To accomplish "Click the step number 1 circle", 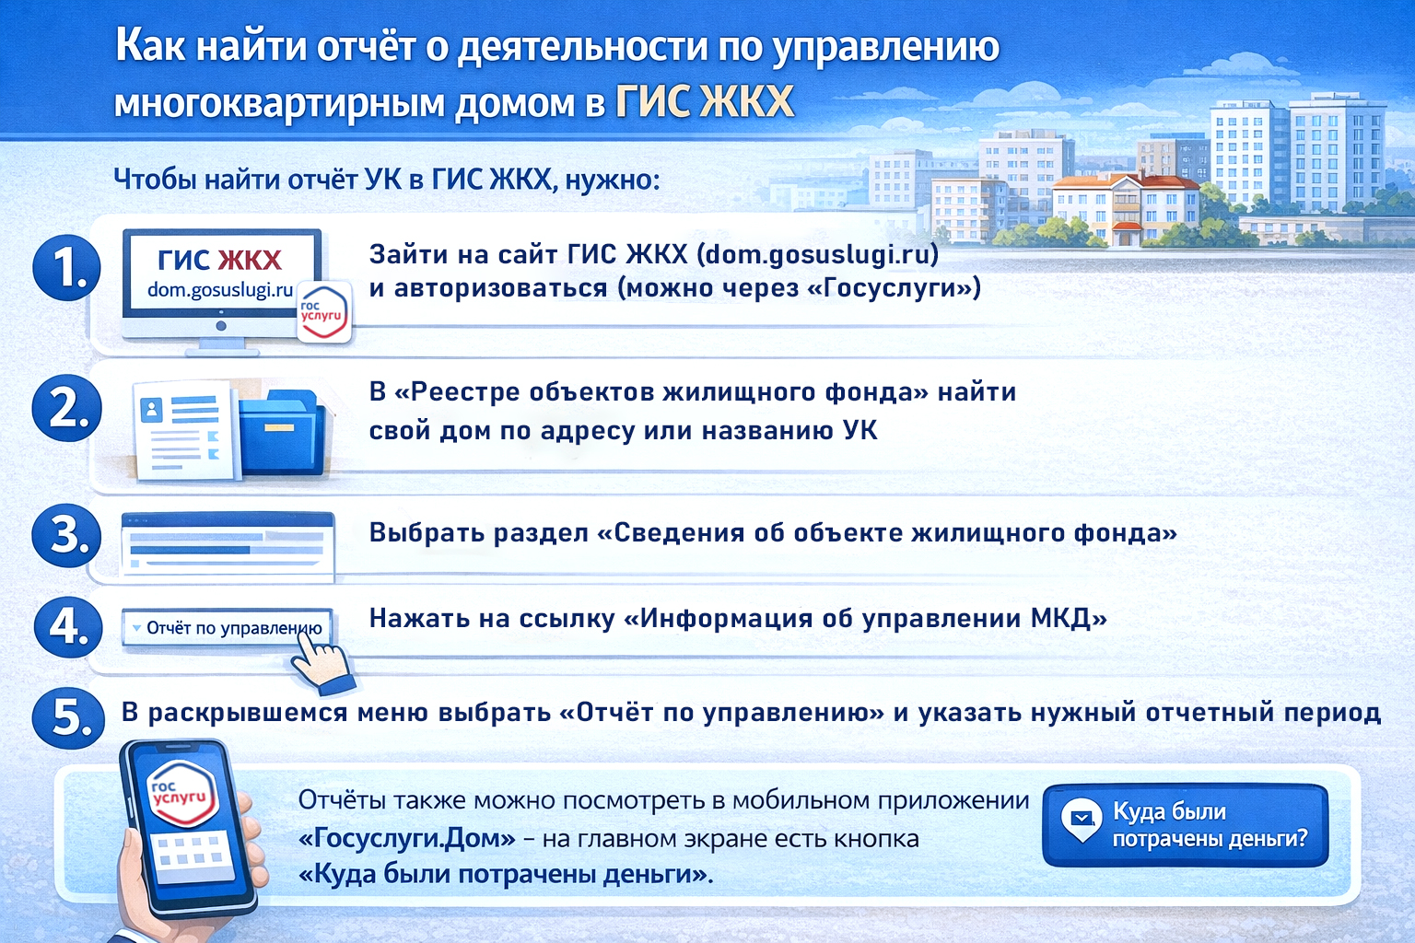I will click(x=66, y=268).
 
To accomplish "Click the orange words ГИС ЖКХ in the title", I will click(x=704, y=102).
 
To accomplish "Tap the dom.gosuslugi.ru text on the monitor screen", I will click(x=220, y=290).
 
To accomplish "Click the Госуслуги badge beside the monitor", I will click(x=323, y=312).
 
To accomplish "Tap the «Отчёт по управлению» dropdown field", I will click(x=227, y=628).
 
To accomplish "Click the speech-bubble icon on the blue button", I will click(x=1082, y=819).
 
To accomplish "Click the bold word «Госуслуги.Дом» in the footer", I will click(x=406, y=839).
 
